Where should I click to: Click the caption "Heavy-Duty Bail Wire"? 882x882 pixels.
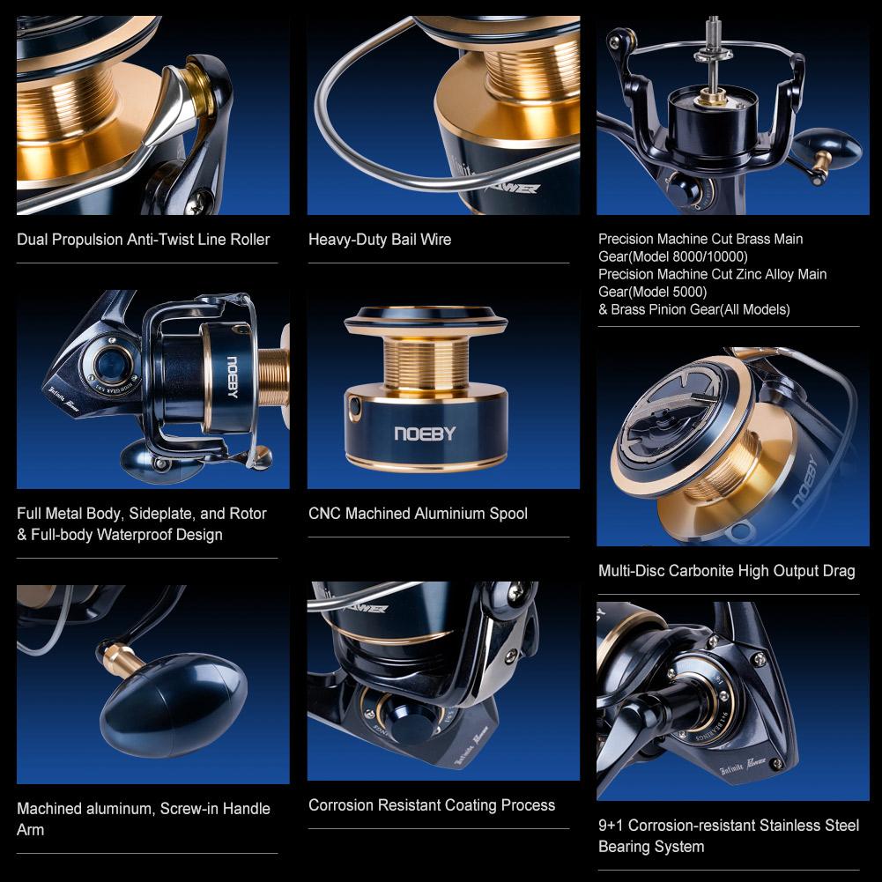380,240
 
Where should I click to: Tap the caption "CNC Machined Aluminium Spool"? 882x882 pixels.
418,514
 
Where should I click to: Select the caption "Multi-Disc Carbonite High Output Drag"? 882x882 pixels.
726,571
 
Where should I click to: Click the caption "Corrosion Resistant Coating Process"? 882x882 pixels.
432,805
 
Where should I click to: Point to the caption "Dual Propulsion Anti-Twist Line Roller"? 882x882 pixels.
144,240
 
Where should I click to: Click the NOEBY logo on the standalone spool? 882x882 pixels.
425,434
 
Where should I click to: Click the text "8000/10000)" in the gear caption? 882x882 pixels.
710,257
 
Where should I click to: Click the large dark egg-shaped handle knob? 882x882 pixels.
174,705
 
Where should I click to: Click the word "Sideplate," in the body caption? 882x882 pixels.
162,514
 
